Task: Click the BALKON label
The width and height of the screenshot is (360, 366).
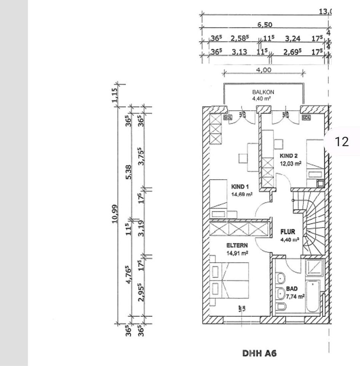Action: coord(263,92)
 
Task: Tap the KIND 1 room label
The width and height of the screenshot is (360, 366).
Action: coord(240,187)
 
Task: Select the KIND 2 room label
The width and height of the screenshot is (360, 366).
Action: coord(288,156)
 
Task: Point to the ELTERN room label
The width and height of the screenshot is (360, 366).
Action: coord(237,246)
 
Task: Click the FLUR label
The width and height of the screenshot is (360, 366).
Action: coord(288,232)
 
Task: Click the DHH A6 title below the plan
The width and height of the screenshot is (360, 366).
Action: coord(259,353)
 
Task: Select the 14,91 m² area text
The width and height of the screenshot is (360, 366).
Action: coord(237,252)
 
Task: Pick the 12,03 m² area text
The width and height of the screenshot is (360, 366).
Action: coord(291,163)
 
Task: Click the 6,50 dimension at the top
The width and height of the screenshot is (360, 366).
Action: coord(264,25)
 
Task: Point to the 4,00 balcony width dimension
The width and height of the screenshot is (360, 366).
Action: coord(264,70)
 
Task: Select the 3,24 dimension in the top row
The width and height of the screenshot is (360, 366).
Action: coord(293,39)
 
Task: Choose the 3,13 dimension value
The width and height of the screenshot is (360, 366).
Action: coord(240,52)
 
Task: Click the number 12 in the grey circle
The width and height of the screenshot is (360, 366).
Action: coord(341,141)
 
